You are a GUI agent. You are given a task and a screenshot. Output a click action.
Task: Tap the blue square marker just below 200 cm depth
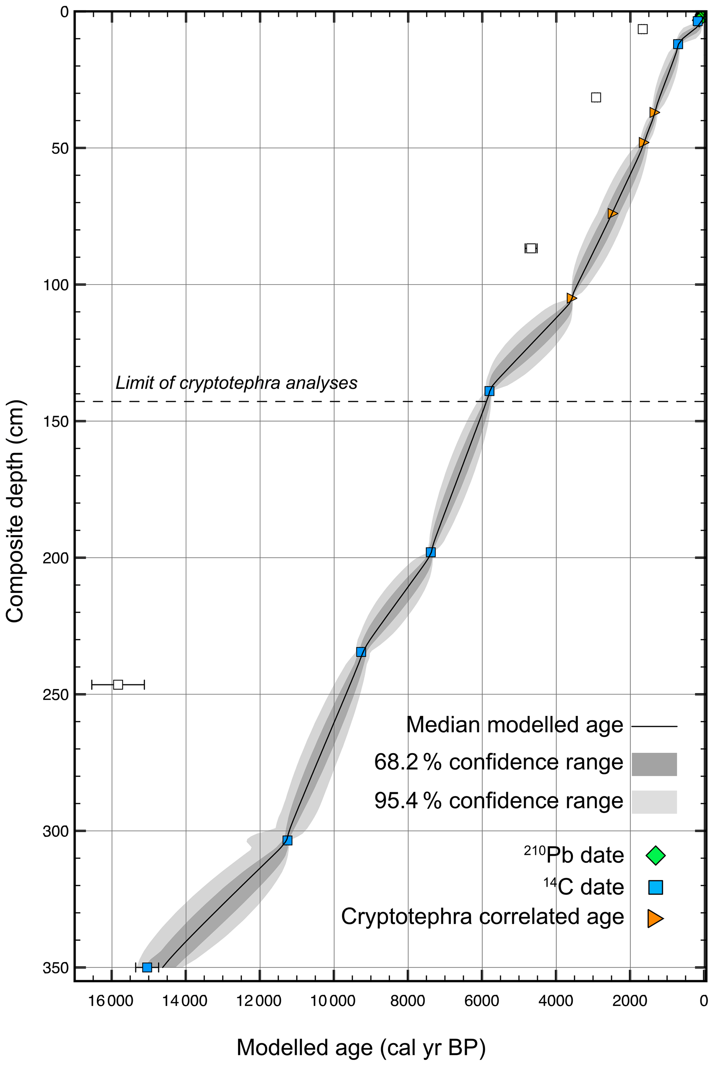click(x=431, y=552)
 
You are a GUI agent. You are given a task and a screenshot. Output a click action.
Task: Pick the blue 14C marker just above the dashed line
click(x=489, y=391)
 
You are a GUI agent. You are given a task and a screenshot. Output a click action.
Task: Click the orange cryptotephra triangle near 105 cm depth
click(x=571, y=298)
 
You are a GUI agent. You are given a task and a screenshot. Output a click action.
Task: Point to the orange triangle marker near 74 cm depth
click(x=612, y=213)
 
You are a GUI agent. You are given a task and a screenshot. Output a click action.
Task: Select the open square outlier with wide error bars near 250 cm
click(x=118, y=684)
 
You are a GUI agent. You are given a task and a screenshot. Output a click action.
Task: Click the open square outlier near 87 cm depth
click(x=531, y=248)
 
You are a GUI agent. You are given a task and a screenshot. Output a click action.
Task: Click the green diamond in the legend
click(x=656, y=855)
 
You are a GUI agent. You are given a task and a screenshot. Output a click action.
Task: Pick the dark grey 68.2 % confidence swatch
click(x=654, y=764)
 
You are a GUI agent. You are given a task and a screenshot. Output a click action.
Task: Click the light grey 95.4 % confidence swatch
click(x=654, y=801)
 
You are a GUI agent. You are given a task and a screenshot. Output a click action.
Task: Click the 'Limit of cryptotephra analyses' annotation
click(x=236, y=383)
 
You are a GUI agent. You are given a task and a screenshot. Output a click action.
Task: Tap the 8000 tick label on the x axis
click(x=408, y=1001)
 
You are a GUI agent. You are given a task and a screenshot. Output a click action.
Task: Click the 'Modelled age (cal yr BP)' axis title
click(x=361, y=1035)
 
